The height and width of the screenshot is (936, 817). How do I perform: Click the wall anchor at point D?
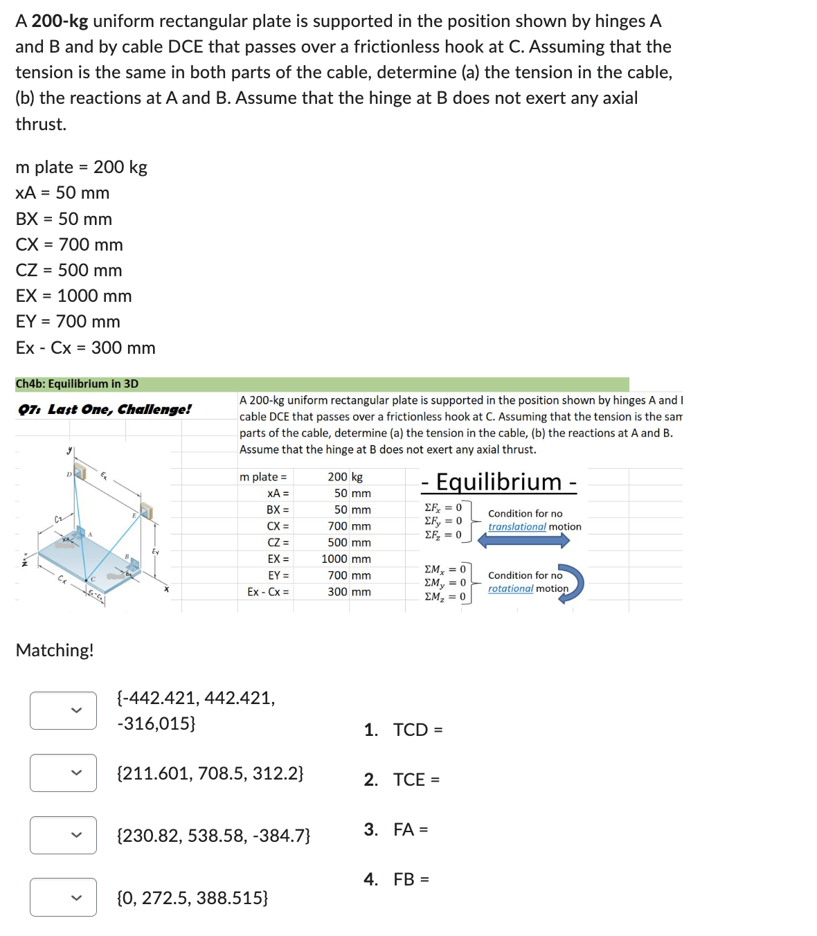click(x=80, y=473)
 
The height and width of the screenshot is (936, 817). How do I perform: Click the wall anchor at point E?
click(x=145, y=512)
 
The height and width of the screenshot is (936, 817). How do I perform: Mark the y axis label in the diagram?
click(x=69, y=451)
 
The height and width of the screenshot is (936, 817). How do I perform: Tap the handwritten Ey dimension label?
click(x=155, y=551)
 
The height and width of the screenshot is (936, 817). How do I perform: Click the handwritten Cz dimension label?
click(x=59, y=519)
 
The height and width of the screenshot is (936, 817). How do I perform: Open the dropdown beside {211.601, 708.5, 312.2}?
click(x=63, y=773)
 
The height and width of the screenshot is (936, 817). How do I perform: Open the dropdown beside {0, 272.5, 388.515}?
click(x=63, y=897)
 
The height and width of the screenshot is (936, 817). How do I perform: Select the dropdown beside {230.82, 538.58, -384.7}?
click(x=63, y=835)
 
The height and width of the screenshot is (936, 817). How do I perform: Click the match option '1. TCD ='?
click(x=404, y=730)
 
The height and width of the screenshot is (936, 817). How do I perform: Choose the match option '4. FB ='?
click(x=397, y=879)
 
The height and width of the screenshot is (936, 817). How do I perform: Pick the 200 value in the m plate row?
click(x=337, y=477)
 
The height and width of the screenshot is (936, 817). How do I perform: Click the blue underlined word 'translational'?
click(x=517, y=527)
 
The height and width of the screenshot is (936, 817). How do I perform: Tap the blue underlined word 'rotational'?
click(x=510, y=588)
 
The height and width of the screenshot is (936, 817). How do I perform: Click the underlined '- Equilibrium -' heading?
click(x=499, y=482)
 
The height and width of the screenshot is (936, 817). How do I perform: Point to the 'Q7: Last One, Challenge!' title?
click(x=105, y=409)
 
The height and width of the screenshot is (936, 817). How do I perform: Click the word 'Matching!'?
click(x=55, y=650)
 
